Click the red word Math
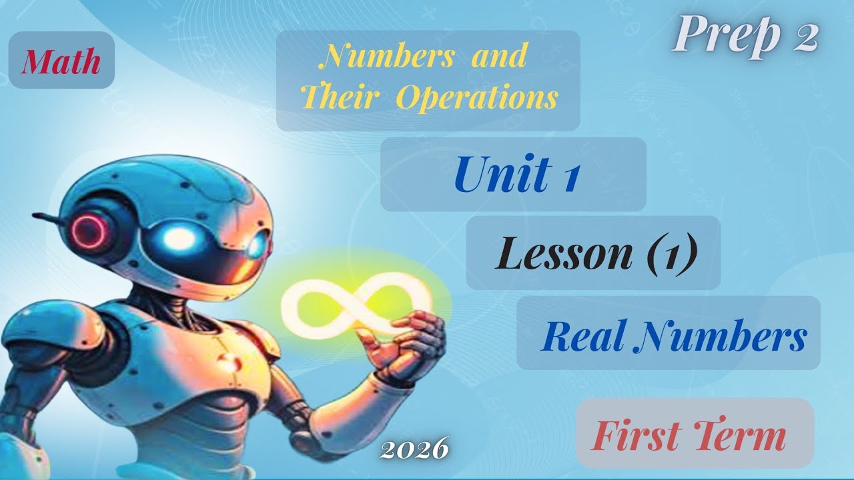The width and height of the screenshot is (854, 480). click(61, 62)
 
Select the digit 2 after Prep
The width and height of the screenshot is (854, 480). click(805, 39)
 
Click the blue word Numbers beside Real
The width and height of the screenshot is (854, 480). click(721, 337)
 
